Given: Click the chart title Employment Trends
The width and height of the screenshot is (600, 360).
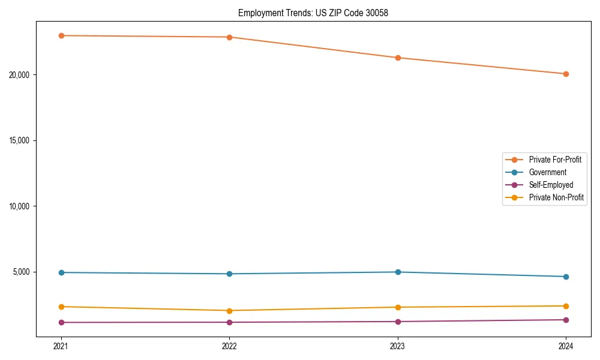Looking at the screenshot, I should [x=313, y=13].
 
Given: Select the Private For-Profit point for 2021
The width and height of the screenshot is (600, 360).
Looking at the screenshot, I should [x=61, y=35].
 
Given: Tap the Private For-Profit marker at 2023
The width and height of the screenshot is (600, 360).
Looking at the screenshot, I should [x=398, y=58].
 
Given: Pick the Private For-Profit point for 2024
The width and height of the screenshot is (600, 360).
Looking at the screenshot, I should [x=566, y=74].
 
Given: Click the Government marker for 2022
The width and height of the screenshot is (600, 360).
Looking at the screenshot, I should [x=229, y=274].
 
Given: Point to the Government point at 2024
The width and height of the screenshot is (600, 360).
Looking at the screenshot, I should [x=566, y=277].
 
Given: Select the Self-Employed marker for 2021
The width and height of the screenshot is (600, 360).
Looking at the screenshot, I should [x=61, y=322].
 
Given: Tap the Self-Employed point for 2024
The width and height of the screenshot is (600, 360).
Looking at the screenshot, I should [x=566, y=320].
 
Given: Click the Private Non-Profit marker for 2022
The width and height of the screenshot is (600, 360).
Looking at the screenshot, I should [x=229, y=310].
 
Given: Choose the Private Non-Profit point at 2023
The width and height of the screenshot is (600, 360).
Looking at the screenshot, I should [x=398, y=307].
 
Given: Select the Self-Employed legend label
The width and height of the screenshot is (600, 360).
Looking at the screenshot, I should [x=551, y=185].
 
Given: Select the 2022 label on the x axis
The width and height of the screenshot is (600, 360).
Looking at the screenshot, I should [x=229, y=346].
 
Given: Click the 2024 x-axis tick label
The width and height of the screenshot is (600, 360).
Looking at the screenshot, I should [x=566, y=346].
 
